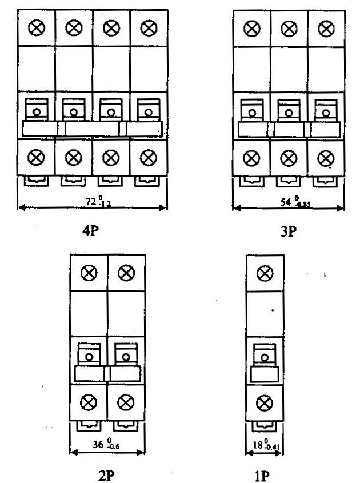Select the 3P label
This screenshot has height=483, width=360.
[289, 233]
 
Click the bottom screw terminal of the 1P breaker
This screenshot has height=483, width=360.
[263, 404]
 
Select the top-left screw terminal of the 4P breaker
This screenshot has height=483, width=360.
[37, 27]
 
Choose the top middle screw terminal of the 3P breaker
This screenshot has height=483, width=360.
[289, 27]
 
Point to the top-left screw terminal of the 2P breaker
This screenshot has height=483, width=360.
[89, 273]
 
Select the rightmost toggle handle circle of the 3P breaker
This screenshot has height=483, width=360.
[326, 113]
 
